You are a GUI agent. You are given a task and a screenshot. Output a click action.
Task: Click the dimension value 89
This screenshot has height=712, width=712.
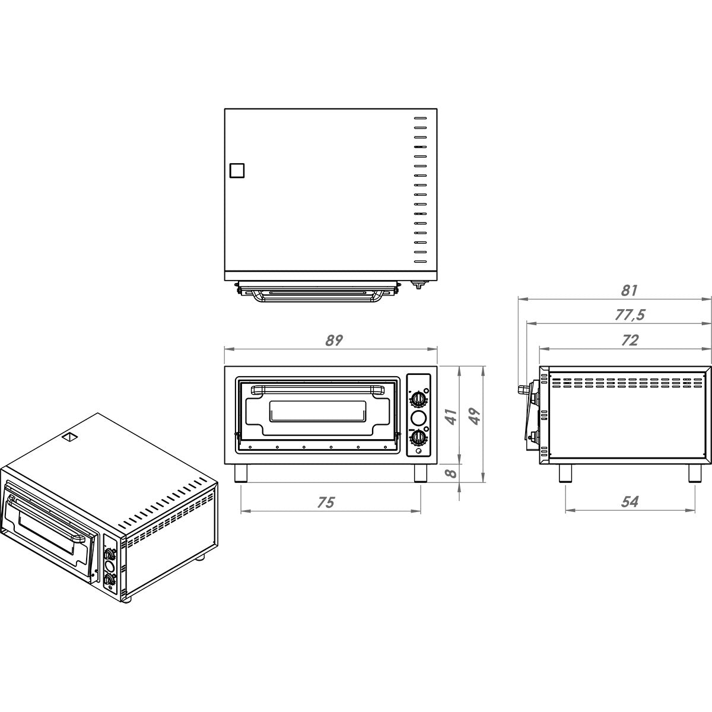334,341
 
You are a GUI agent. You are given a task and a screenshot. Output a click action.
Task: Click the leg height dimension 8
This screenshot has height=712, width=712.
452,473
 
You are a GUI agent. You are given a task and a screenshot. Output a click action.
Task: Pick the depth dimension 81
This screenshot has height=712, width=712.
630,291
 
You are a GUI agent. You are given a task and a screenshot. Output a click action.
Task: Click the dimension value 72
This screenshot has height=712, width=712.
630,341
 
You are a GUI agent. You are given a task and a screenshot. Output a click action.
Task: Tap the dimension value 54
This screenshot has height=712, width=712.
630,502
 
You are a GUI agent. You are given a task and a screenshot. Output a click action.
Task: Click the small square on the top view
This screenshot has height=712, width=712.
237,170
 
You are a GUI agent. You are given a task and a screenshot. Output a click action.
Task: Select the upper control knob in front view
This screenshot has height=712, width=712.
419,397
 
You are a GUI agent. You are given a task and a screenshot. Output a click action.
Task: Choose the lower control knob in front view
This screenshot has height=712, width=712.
419,438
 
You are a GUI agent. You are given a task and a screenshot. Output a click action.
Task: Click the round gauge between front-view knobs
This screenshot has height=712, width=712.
419,417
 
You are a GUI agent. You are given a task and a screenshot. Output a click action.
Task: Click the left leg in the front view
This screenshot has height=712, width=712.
241,473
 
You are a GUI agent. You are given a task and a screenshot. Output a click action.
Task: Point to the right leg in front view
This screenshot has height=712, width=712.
419,473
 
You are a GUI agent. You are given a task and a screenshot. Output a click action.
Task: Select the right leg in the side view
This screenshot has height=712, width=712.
694,473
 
